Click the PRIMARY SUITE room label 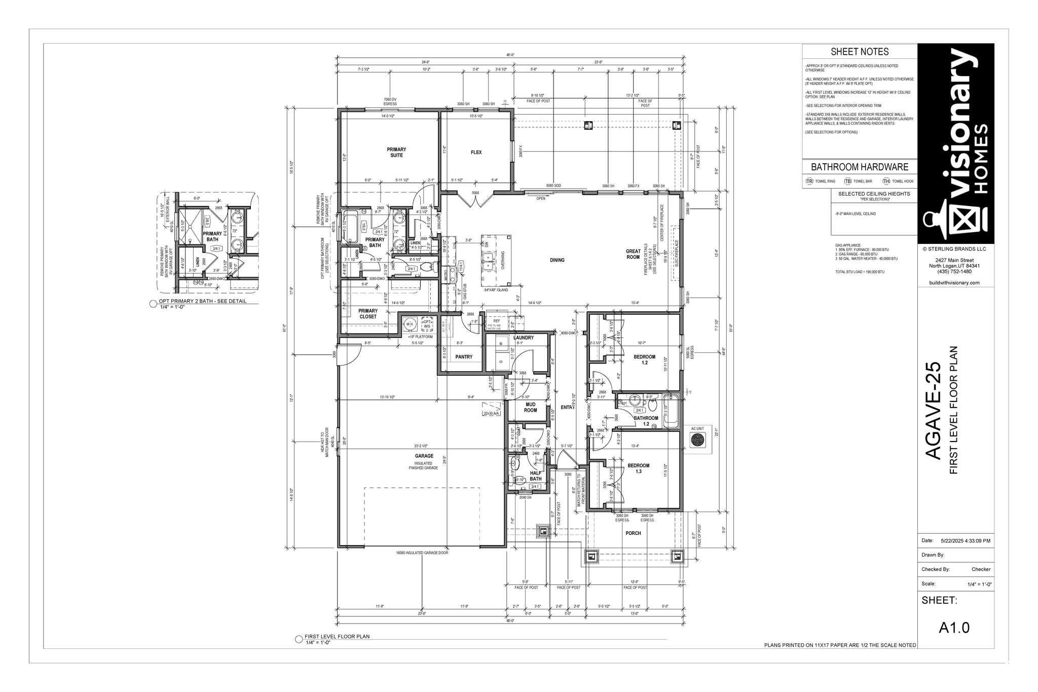[x=396, y=153]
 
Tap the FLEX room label [x=476, y=153]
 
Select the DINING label [x=557, y=260]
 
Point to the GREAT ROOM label [x=633, y=254]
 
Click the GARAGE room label [x=424, y=456]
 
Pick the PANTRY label [x=464, y=357]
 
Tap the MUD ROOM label [x=530, y=407]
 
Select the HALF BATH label [x=536, y=476]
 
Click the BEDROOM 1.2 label [x=644, y=359]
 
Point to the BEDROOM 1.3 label [x=638, y=468]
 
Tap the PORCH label [x=633, y=533]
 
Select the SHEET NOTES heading [x=860, y=52]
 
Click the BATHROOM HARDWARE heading [x=860, y=167]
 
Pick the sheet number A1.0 [x=954, y=628]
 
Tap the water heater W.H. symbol [x=410, y=323]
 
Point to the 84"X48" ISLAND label [x=496, y=290]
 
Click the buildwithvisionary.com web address [x=954, y=282]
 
